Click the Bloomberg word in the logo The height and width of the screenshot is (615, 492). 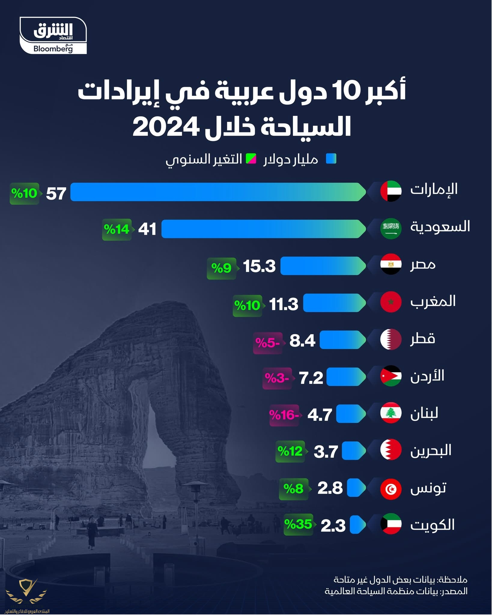coord(53,49)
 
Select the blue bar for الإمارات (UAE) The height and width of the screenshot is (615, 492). coord(217,192)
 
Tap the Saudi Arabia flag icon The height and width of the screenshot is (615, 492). coord(391,229)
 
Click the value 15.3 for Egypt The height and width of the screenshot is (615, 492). coord(259,266)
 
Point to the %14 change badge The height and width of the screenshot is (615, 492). coord(117,229)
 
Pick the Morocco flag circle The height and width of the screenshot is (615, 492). coord(391,302)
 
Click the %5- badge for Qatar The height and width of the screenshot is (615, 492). coord(268,343)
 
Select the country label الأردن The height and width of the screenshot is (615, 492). coord(427,376)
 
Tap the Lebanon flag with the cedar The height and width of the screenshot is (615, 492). coord(391,413)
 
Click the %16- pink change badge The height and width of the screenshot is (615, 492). coord(284,415)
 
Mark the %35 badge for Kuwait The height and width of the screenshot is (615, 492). coord(298,524)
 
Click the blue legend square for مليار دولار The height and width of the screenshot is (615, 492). coord(331,159)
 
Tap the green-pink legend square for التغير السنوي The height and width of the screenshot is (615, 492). coord(251,159)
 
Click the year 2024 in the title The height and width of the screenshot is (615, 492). coord(166,127)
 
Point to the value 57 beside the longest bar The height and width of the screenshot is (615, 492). coord(56,194)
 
